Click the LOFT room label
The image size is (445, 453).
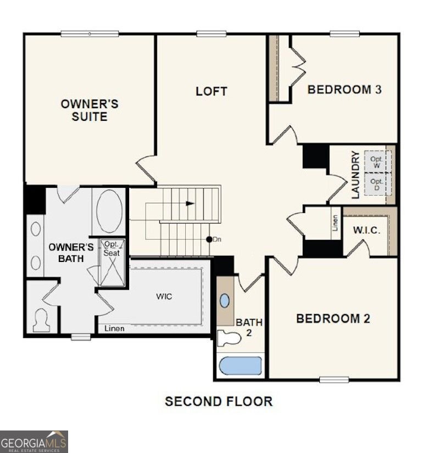click(x=212, y=91)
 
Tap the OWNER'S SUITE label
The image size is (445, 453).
click(x=90, y=110)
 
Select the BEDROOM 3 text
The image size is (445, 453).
click(x=344, y=90)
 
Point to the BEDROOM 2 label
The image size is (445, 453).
click(x=333, y=318)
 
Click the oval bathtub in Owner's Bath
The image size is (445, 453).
click(x=109, y=211)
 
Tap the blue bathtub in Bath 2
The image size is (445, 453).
click(x=240, y=366)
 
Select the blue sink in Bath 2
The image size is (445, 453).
click(x=225, y=301)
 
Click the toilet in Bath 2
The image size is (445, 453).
click(x=229, y=338)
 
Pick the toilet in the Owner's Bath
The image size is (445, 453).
click(x=41, y=320)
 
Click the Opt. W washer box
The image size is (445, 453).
click(x=376, y=162)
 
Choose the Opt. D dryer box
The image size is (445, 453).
click(x=376, y=184)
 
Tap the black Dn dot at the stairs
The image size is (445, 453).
click(x=209, y=239)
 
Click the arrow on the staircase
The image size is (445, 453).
click(x=190, y=203)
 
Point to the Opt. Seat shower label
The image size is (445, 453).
click(x=112, y=249)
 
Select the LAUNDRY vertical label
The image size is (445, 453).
click(x=355, y=175)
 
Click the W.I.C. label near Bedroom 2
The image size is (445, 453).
click(x=366, y=230)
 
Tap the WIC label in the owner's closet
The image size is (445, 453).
click(x=164, y=297)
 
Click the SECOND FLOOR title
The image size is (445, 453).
click(x=219, y=401)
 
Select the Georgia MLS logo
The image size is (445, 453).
click(x=34, y=441)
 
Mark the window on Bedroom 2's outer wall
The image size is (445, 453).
click(x=334, y=379)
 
